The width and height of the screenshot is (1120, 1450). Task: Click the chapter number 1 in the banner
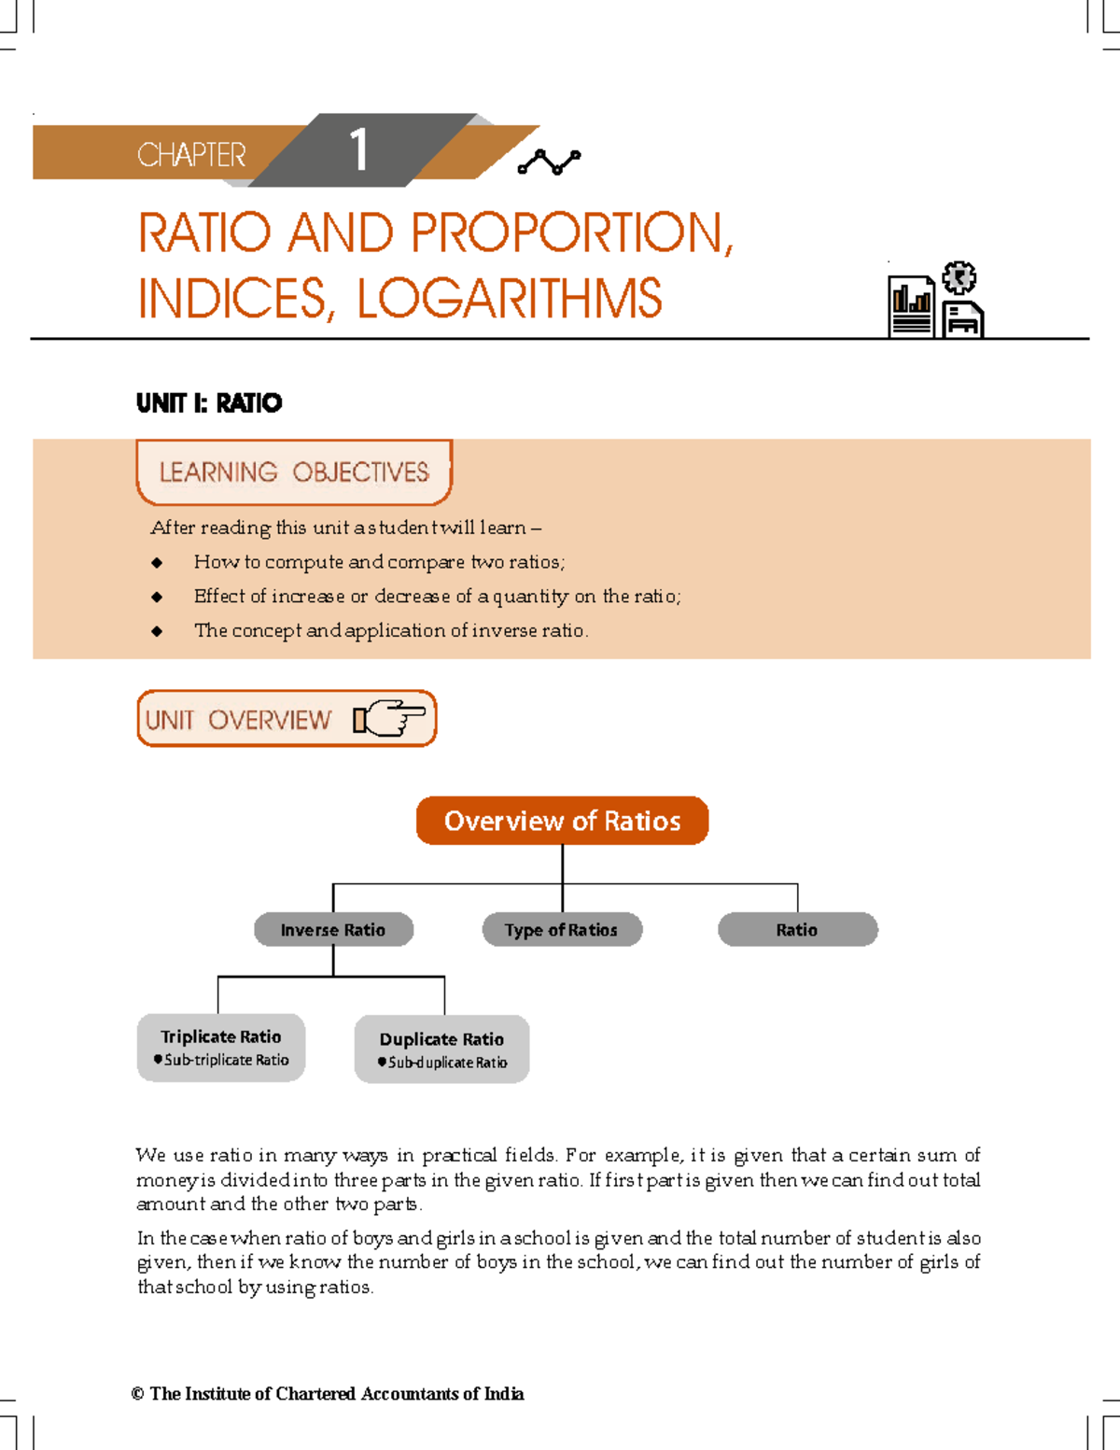coord(359,151)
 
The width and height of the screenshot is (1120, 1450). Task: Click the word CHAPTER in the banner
coord(191,155)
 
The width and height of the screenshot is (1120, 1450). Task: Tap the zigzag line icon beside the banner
coord(549,162)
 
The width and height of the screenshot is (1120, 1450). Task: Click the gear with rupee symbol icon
coord(959,278)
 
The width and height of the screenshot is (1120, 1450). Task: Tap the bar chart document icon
coord(911,307)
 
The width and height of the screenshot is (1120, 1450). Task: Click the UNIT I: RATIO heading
coord(209,403)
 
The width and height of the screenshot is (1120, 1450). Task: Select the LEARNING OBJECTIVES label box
coord(294,472)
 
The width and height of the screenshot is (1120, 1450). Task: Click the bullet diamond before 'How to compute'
coord(157,563)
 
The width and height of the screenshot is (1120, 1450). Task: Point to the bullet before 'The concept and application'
coord(157,632)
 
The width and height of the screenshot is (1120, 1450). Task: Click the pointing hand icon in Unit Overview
coord(389,719)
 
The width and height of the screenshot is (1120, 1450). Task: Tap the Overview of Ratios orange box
coord(562,821)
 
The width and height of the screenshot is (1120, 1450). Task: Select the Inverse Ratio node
coord(333,930)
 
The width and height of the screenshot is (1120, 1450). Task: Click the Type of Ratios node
coord(562,930)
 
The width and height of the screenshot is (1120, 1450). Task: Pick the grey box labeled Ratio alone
coord(797,930)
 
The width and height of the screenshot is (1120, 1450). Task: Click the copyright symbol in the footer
coord(137,1394)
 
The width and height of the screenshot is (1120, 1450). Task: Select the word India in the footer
coord(504,1394)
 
